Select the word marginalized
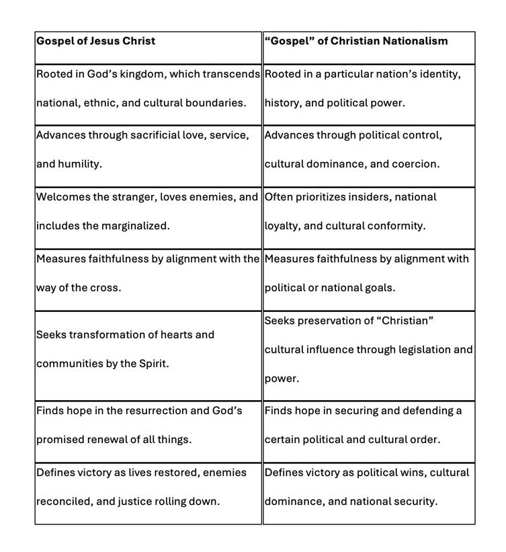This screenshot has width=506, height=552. pos(135,226)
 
